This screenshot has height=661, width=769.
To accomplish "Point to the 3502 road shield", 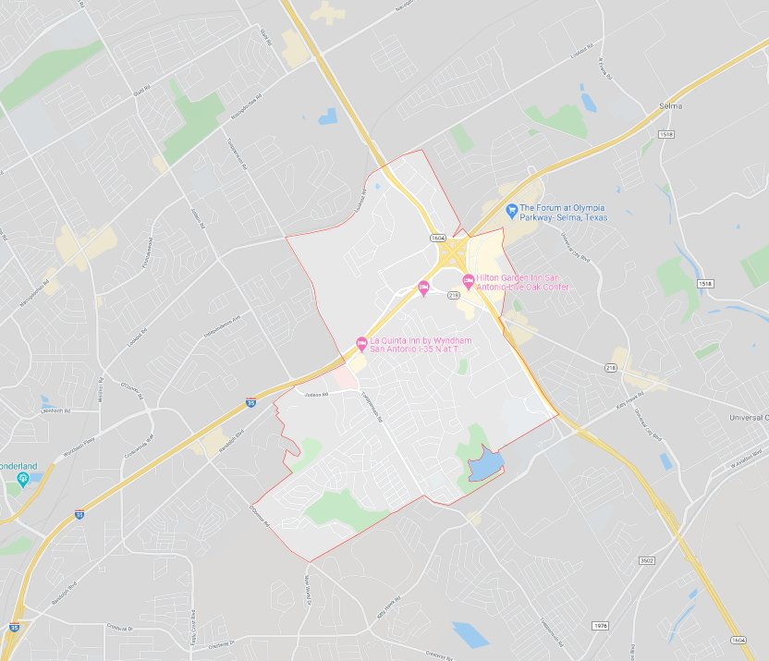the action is (647, 560).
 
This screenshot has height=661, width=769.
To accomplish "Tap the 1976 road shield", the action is (602, 625).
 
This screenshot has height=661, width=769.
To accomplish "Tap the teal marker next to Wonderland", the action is (23, 477).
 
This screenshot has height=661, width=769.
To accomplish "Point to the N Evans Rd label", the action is (606, 67).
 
